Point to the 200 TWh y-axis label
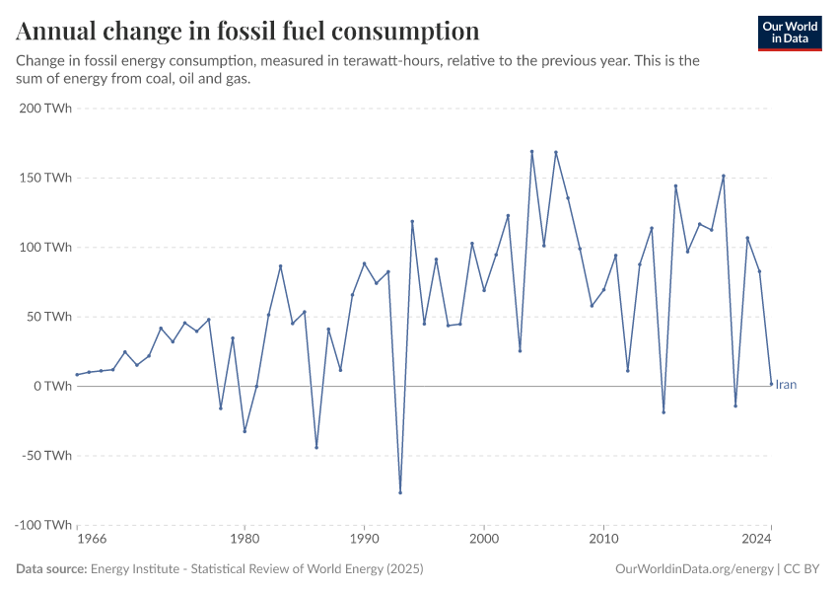point(45,109)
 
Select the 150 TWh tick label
point(45,178)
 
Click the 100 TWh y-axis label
point(45,248)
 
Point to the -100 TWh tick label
point(43,525)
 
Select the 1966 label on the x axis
point(91,540)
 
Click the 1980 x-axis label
point(244,540)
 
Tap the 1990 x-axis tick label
point(364,540)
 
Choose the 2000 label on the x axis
point(484,540)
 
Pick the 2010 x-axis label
point(603,540)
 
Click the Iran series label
point(786,385)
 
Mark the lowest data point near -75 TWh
point(400,492)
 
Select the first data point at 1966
point(77,374)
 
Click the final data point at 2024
point(771,384)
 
